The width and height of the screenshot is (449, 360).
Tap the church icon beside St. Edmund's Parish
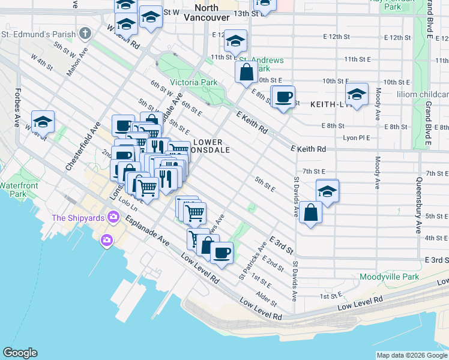[85, 32]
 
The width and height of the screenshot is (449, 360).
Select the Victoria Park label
[193, 82]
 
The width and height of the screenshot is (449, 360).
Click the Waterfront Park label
[12, 190]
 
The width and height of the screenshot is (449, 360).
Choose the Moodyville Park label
[389, 277]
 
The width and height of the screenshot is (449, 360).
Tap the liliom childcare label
[421, 95]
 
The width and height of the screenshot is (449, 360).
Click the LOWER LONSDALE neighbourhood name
[211, 146]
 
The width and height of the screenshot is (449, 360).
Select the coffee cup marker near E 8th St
[284, 96]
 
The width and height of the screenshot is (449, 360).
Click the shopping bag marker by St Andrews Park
[247, 73]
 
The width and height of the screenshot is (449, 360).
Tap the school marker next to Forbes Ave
[43, 121]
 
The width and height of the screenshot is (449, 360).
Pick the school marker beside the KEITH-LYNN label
[357, 94]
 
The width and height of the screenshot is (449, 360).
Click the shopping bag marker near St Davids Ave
[310, 213]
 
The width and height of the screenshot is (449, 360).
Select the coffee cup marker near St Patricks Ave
[222, 252]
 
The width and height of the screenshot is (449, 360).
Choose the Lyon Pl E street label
[356, 137]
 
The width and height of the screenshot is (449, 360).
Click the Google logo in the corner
[20, 353]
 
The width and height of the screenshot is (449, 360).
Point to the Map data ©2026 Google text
[411, 355]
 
